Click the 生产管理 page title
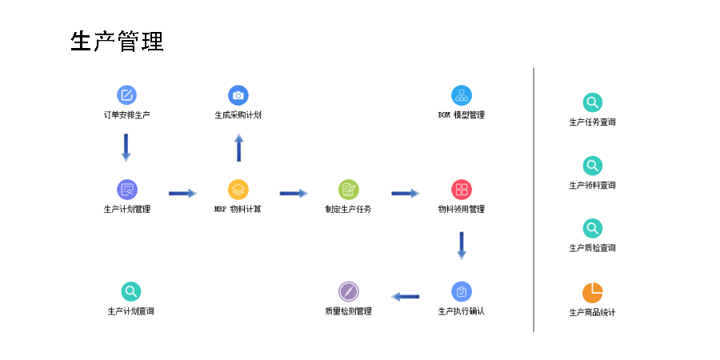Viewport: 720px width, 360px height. (117, 42)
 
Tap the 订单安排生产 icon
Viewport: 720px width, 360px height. (126, 95)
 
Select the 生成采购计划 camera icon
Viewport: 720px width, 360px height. (238, 95)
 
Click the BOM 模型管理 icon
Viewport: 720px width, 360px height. (462, 95)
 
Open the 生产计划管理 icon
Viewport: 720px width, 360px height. (126, 190)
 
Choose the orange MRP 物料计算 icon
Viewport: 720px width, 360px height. (238, 190)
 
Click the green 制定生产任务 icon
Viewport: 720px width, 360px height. (348, 190)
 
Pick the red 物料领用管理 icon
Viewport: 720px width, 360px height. (462, 190)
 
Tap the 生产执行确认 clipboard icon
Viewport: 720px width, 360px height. (462, 291)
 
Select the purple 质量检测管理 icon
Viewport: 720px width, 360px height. (348, 291)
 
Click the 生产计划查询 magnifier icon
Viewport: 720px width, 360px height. (130, 291)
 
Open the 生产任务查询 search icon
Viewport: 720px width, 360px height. (592, 102)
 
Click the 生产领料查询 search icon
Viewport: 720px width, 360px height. (592, 166)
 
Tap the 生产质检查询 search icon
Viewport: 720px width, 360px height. (592, 228)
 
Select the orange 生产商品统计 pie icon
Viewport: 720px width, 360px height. (592, 293)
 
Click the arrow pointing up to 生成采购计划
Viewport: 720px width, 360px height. (238, 148)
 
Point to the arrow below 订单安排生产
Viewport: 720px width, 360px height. (126, 147)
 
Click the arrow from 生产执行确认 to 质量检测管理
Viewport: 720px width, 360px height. (406, 297)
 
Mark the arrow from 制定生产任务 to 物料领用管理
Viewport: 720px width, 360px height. (406, 193)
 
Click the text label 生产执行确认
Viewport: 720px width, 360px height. (462, 311)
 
